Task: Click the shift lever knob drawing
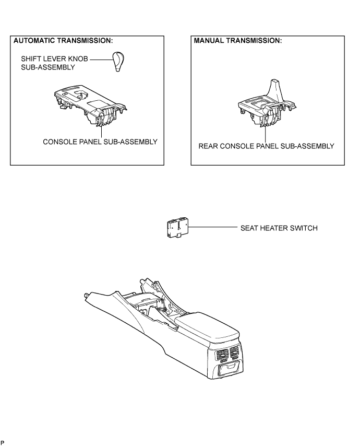(x=119, y=62)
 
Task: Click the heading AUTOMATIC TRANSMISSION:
(x=63, y=41)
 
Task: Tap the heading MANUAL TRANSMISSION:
(x=238, y=41)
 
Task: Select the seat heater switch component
(x=177, y=228)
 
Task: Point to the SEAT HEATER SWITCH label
(x=279, y=228)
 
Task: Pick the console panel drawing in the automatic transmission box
(x=90, y=105)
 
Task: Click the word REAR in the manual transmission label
(x=208, y=146)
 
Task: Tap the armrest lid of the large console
(x=207, y=327)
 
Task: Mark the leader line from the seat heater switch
(x=212, y=227)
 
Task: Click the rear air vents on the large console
(x=227, y=353)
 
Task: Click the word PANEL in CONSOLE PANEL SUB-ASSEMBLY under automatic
(x=87, y=142)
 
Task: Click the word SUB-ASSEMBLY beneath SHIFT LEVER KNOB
(x=48, y=67)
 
